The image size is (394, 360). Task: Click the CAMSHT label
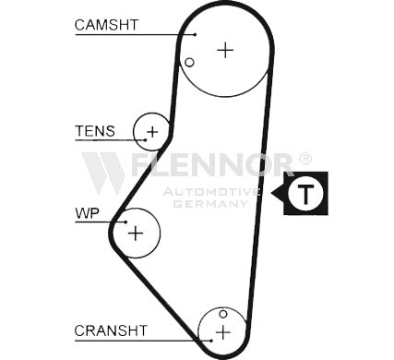tap(106, 25)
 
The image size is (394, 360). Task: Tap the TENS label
tap(95, 131)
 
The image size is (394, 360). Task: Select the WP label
tap(87, 213)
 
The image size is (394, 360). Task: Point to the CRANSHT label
tap(111, 330)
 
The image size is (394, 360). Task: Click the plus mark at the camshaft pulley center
tap(225, 50)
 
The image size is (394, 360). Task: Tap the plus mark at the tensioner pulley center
tap(152, 132)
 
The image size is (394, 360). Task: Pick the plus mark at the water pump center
tap(136, 233)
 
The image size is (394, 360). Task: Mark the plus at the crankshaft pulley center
tap(222, 332)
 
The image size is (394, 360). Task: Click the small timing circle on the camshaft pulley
tap(189, 63)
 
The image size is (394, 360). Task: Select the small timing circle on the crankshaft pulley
tap(223, 314)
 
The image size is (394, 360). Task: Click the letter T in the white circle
tap(305, 194)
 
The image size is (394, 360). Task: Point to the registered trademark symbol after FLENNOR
tap(305, 159)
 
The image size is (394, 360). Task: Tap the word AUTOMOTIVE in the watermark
tap(211, 192)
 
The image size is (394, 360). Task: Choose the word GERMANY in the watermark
tap(210, 204)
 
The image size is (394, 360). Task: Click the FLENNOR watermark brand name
tap(211, 164)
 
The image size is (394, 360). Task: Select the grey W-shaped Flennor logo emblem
tap(103, 173)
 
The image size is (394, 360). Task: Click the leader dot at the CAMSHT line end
tap(195, 35)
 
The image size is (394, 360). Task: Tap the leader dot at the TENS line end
tap(146, 140)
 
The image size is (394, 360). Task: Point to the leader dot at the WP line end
tap(125, 222)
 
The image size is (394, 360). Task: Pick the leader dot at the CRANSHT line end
tap(211, 341)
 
